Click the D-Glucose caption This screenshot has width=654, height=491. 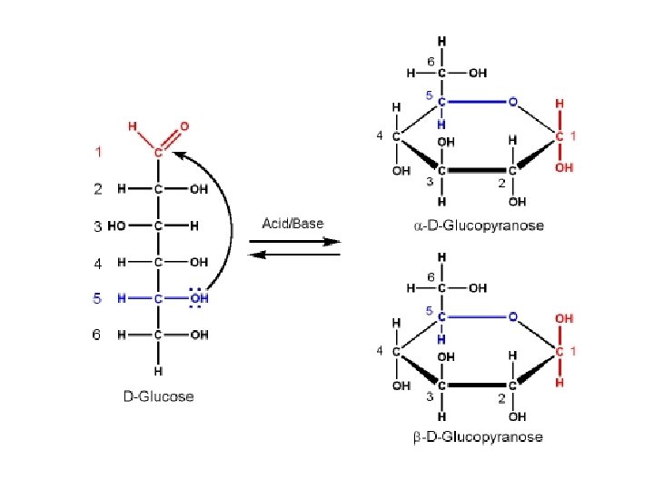(x=159, y=396)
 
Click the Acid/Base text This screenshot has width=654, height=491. (x=292, y=223)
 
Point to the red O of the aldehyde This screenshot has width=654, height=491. (x=185, y=125)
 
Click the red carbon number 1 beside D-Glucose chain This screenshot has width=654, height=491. (x=98, y=152)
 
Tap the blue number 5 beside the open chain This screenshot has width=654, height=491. (x=97, y=298)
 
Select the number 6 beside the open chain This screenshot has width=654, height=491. (x=97, y=335)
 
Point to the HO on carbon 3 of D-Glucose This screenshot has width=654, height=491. (x=117, y=226)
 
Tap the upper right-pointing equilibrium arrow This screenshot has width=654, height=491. (x=294, y=241)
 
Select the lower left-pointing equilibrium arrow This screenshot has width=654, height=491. (x=294, y=255)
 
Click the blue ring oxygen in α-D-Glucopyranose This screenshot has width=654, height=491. (x=513, y=102)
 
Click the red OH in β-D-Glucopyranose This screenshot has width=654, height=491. (x=563, y=319)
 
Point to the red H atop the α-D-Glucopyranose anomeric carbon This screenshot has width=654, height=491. (x=560, y=104)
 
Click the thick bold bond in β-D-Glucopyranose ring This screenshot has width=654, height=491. (x=477, y=386)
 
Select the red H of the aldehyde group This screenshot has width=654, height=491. (x=133, y=125)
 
